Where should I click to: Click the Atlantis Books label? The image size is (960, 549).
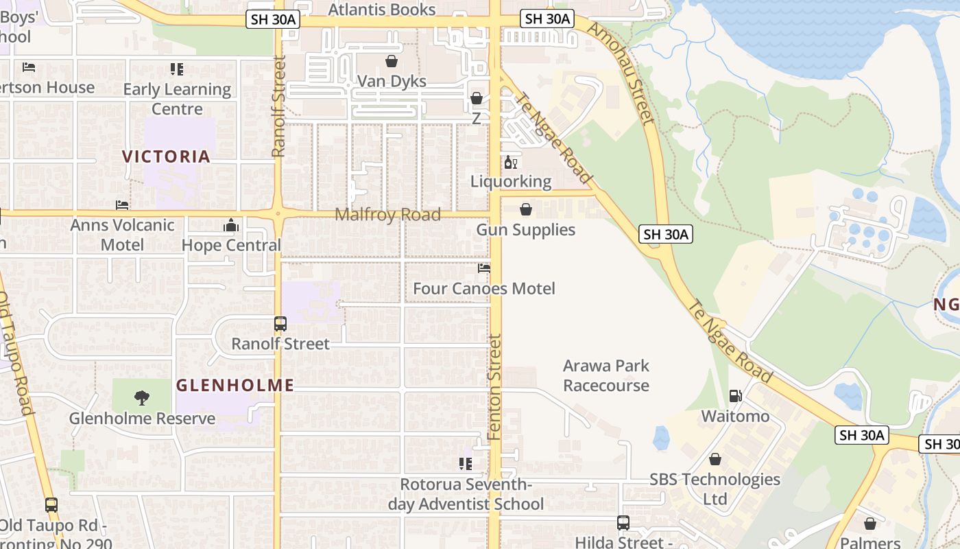click(381, 10)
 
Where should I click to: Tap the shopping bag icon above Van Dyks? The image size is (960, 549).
click(392, 62)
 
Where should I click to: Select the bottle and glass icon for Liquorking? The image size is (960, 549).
click(511, 163)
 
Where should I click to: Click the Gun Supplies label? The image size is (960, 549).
click(526, 230)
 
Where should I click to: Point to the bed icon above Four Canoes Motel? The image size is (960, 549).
click(484, 268)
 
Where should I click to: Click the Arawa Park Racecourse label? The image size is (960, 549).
click(606, 375)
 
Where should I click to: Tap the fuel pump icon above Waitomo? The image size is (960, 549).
click(735, 395)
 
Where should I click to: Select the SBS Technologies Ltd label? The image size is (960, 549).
click(715, 489)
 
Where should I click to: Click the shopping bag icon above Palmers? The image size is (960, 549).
click(869, 524)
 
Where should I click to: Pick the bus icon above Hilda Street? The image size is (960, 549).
click(623, 523)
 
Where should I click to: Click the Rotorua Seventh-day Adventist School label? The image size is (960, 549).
click(466, 494)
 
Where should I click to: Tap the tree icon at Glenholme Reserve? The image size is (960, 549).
click(142, 397)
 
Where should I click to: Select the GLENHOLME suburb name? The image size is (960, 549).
click(235, 386)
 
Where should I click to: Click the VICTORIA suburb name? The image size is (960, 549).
click(167, 156)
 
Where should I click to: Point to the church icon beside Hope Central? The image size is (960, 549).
click(231, 226)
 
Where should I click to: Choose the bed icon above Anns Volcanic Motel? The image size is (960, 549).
click(122, 205)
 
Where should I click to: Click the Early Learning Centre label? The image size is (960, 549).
click(177, 99)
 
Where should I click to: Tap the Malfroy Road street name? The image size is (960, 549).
click(387, 215)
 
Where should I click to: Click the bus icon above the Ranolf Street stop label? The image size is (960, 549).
click(280, 324)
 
